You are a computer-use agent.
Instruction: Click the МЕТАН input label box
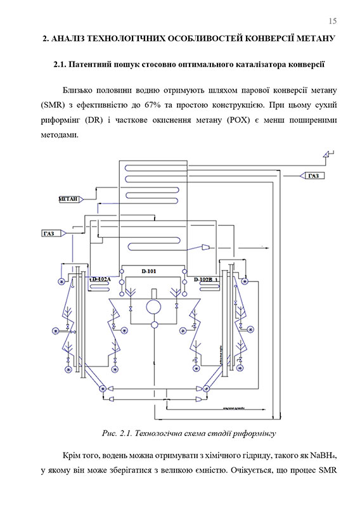click(68, 199)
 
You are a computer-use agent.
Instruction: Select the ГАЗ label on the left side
click(49, 234)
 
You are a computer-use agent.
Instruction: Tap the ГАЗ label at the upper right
click(313, 176)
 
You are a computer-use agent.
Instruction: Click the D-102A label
click(100, 279)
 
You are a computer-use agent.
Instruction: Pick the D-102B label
click(204, 279)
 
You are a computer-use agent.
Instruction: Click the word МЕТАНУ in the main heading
click(311, 39)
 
